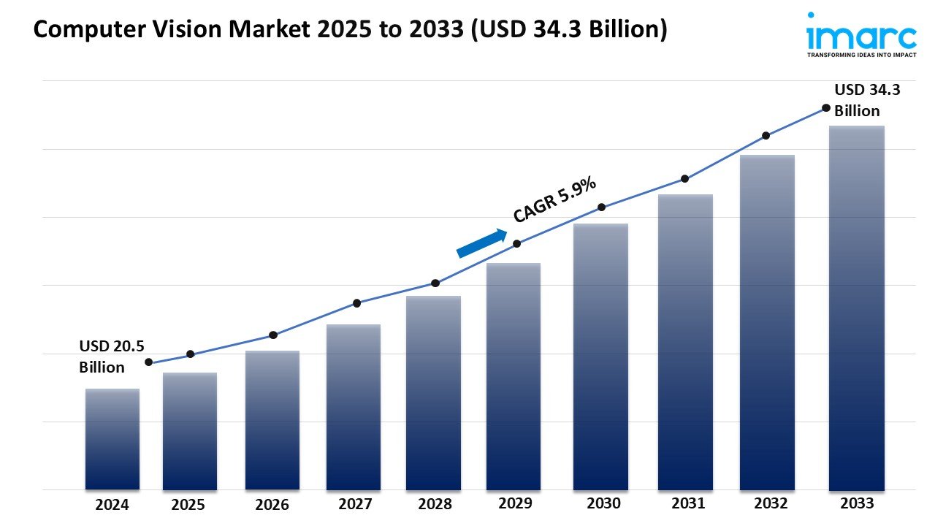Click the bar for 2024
[112, 438]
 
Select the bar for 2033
[856, 307]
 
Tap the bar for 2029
[513, 376]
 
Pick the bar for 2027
[353, 407]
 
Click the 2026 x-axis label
[272, 505]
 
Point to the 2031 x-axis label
[687, 503]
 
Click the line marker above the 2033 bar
[826, 107]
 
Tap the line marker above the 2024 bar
[149, 362]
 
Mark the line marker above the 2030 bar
[601, 207]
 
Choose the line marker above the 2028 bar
[435, 283]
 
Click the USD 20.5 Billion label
[102, 356]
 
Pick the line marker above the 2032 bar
[766, 136]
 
